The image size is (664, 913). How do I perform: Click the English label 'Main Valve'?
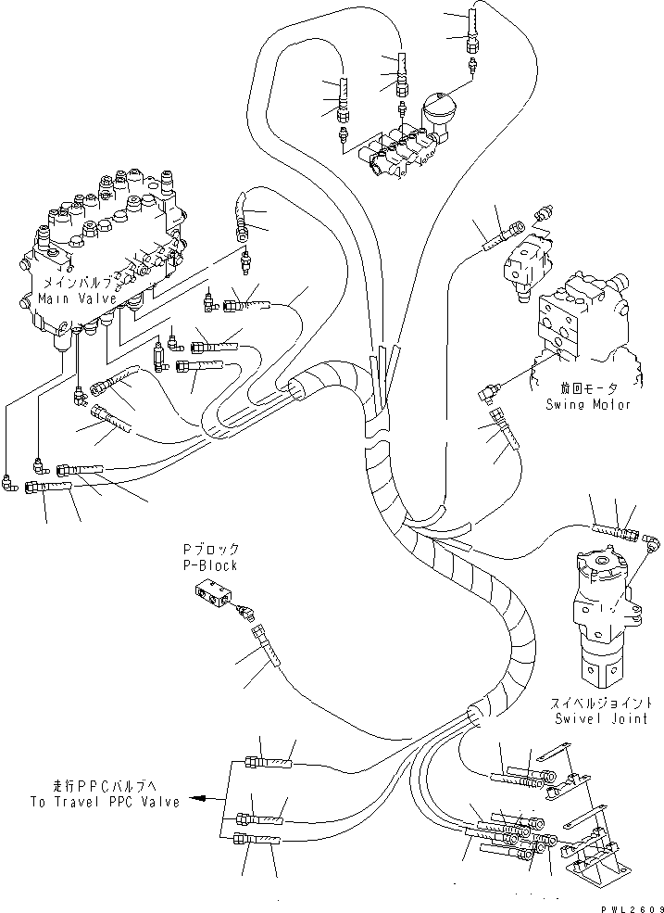[x=77, y=298]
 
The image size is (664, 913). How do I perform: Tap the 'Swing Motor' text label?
[x=588, y=405]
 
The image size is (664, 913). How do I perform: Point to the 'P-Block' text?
[x=209, y=565]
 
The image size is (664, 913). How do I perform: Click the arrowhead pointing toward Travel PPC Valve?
[x=197, y=796]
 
